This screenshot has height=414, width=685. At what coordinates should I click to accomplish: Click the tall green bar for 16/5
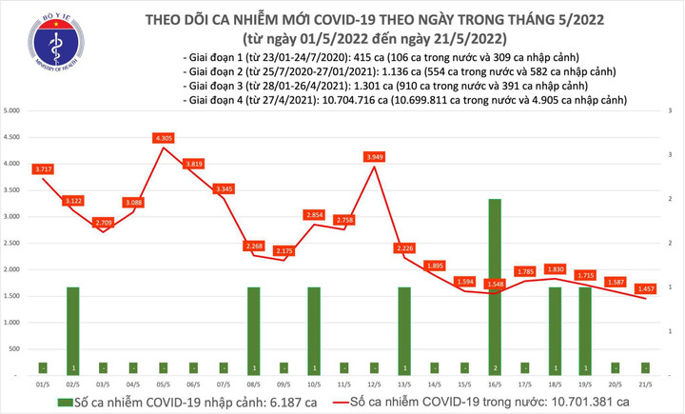tap(495, 286)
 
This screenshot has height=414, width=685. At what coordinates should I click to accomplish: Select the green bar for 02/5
tap(72, 328)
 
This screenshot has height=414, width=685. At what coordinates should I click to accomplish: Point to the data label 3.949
tap(374, 156)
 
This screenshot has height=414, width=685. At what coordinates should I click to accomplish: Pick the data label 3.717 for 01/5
tap(43, 169)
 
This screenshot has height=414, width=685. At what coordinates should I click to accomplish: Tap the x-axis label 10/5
tap(313, 383)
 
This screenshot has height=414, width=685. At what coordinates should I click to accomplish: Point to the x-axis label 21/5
tap(646, 383)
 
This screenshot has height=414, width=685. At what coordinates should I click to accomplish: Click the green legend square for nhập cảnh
tap(64, 403)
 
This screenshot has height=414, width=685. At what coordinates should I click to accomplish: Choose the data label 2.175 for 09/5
tap(284, 250)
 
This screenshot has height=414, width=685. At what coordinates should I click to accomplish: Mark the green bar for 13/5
tap(404, 328)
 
